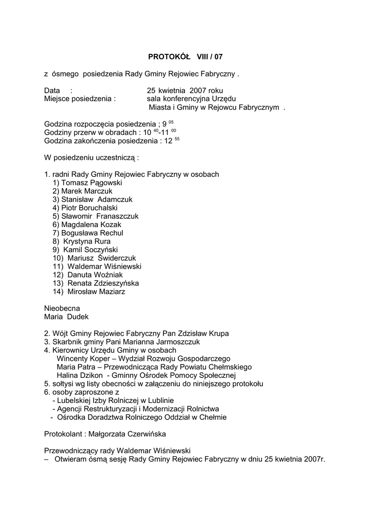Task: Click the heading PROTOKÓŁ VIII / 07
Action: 186,56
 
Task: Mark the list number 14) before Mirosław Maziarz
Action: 58,292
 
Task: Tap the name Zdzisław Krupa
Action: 205,333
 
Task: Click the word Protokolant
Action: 64,434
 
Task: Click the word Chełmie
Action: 211,417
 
